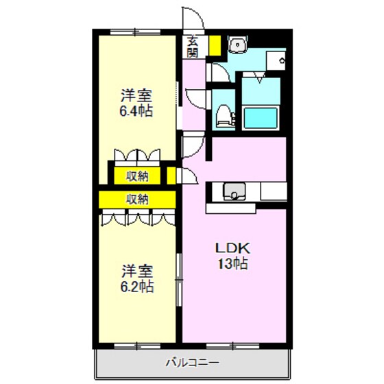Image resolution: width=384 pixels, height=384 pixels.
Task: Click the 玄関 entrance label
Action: pyautogui.click(x=193, y=47)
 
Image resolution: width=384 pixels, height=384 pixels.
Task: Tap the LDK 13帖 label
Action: pyautogui.click(x=232, y=256)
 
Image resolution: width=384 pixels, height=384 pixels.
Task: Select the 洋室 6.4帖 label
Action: pyautogui.click(x=136, y=103)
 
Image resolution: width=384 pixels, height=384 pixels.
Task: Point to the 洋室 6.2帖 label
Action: pyautogui.click(x=137, y=278)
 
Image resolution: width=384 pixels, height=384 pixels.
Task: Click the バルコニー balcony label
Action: pyautogui.click(x=193, y=362)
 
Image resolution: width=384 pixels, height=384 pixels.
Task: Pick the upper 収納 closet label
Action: pyautogui.click(x=137, y=176)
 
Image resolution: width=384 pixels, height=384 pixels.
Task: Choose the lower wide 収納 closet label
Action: pyautogui.click(x=137, y=200)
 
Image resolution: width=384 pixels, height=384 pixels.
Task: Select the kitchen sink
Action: pyautogui.click(x=234, y=191)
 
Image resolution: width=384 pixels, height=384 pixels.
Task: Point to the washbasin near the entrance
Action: pyautogui.click(x=237, y=45)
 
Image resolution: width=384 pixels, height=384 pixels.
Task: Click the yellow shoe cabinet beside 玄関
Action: pyautogui.click(x=215, y=45)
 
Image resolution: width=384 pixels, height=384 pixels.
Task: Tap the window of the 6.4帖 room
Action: pyautogui.click(x=135, y=32)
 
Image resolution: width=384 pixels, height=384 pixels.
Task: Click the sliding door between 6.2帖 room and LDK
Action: pyautogui.click(x=179, y=280)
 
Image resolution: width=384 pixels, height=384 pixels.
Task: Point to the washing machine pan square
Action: pyautogui.click(x=276, y=60)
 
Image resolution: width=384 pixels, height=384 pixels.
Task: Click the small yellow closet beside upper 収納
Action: pyautogui.click(x=171, y=176)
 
